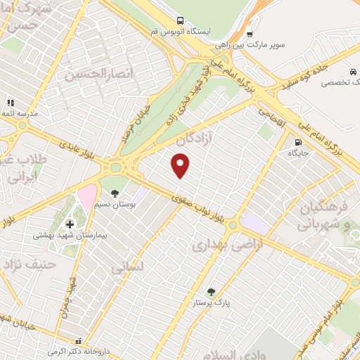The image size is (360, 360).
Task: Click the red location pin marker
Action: (181, 166)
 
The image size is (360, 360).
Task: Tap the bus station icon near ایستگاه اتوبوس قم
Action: (181, 20)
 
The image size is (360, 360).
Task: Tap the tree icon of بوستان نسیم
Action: (115, 193)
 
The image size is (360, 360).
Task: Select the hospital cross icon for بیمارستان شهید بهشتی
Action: (69, 224)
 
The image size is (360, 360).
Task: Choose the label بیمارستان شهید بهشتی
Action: (65, 236)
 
